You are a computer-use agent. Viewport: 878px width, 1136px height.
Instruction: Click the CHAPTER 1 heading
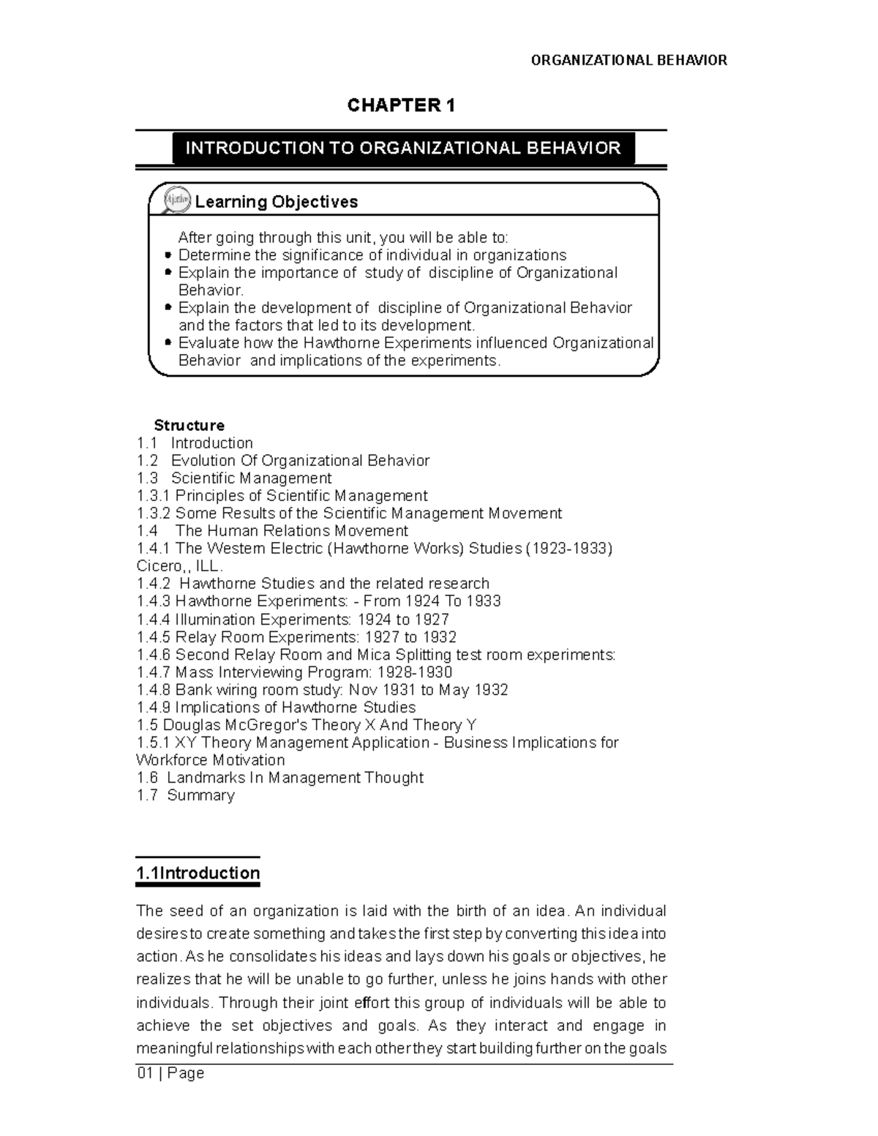401,106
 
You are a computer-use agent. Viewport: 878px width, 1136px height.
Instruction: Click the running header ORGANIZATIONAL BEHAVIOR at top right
629,60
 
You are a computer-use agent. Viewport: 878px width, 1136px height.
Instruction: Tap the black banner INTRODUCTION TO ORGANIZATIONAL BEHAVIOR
403,148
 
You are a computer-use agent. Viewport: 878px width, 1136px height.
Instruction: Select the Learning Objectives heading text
276,202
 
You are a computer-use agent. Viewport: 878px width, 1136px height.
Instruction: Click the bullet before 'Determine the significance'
168,255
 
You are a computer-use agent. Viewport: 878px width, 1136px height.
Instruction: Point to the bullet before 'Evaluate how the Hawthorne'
168,343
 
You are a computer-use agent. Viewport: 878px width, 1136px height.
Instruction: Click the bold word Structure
189,426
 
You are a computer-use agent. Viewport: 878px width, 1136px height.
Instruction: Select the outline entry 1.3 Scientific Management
234,478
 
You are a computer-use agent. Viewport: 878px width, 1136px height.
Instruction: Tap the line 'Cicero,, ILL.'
179,566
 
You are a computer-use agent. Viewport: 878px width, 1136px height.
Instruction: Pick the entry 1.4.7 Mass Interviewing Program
294,672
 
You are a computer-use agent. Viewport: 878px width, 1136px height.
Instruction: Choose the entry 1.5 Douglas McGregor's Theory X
307,725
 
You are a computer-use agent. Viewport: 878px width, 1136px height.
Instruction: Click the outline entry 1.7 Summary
186,795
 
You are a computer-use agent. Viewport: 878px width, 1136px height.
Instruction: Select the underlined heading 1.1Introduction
198,873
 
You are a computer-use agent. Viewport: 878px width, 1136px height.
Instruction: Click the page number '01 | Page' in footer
170,1073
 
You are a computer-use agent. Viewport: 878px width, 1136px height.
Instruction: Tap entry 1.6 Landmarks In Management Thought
280,778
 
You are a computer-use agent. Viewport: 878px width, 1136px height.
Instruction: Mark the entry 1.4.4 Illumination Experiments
293,620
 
